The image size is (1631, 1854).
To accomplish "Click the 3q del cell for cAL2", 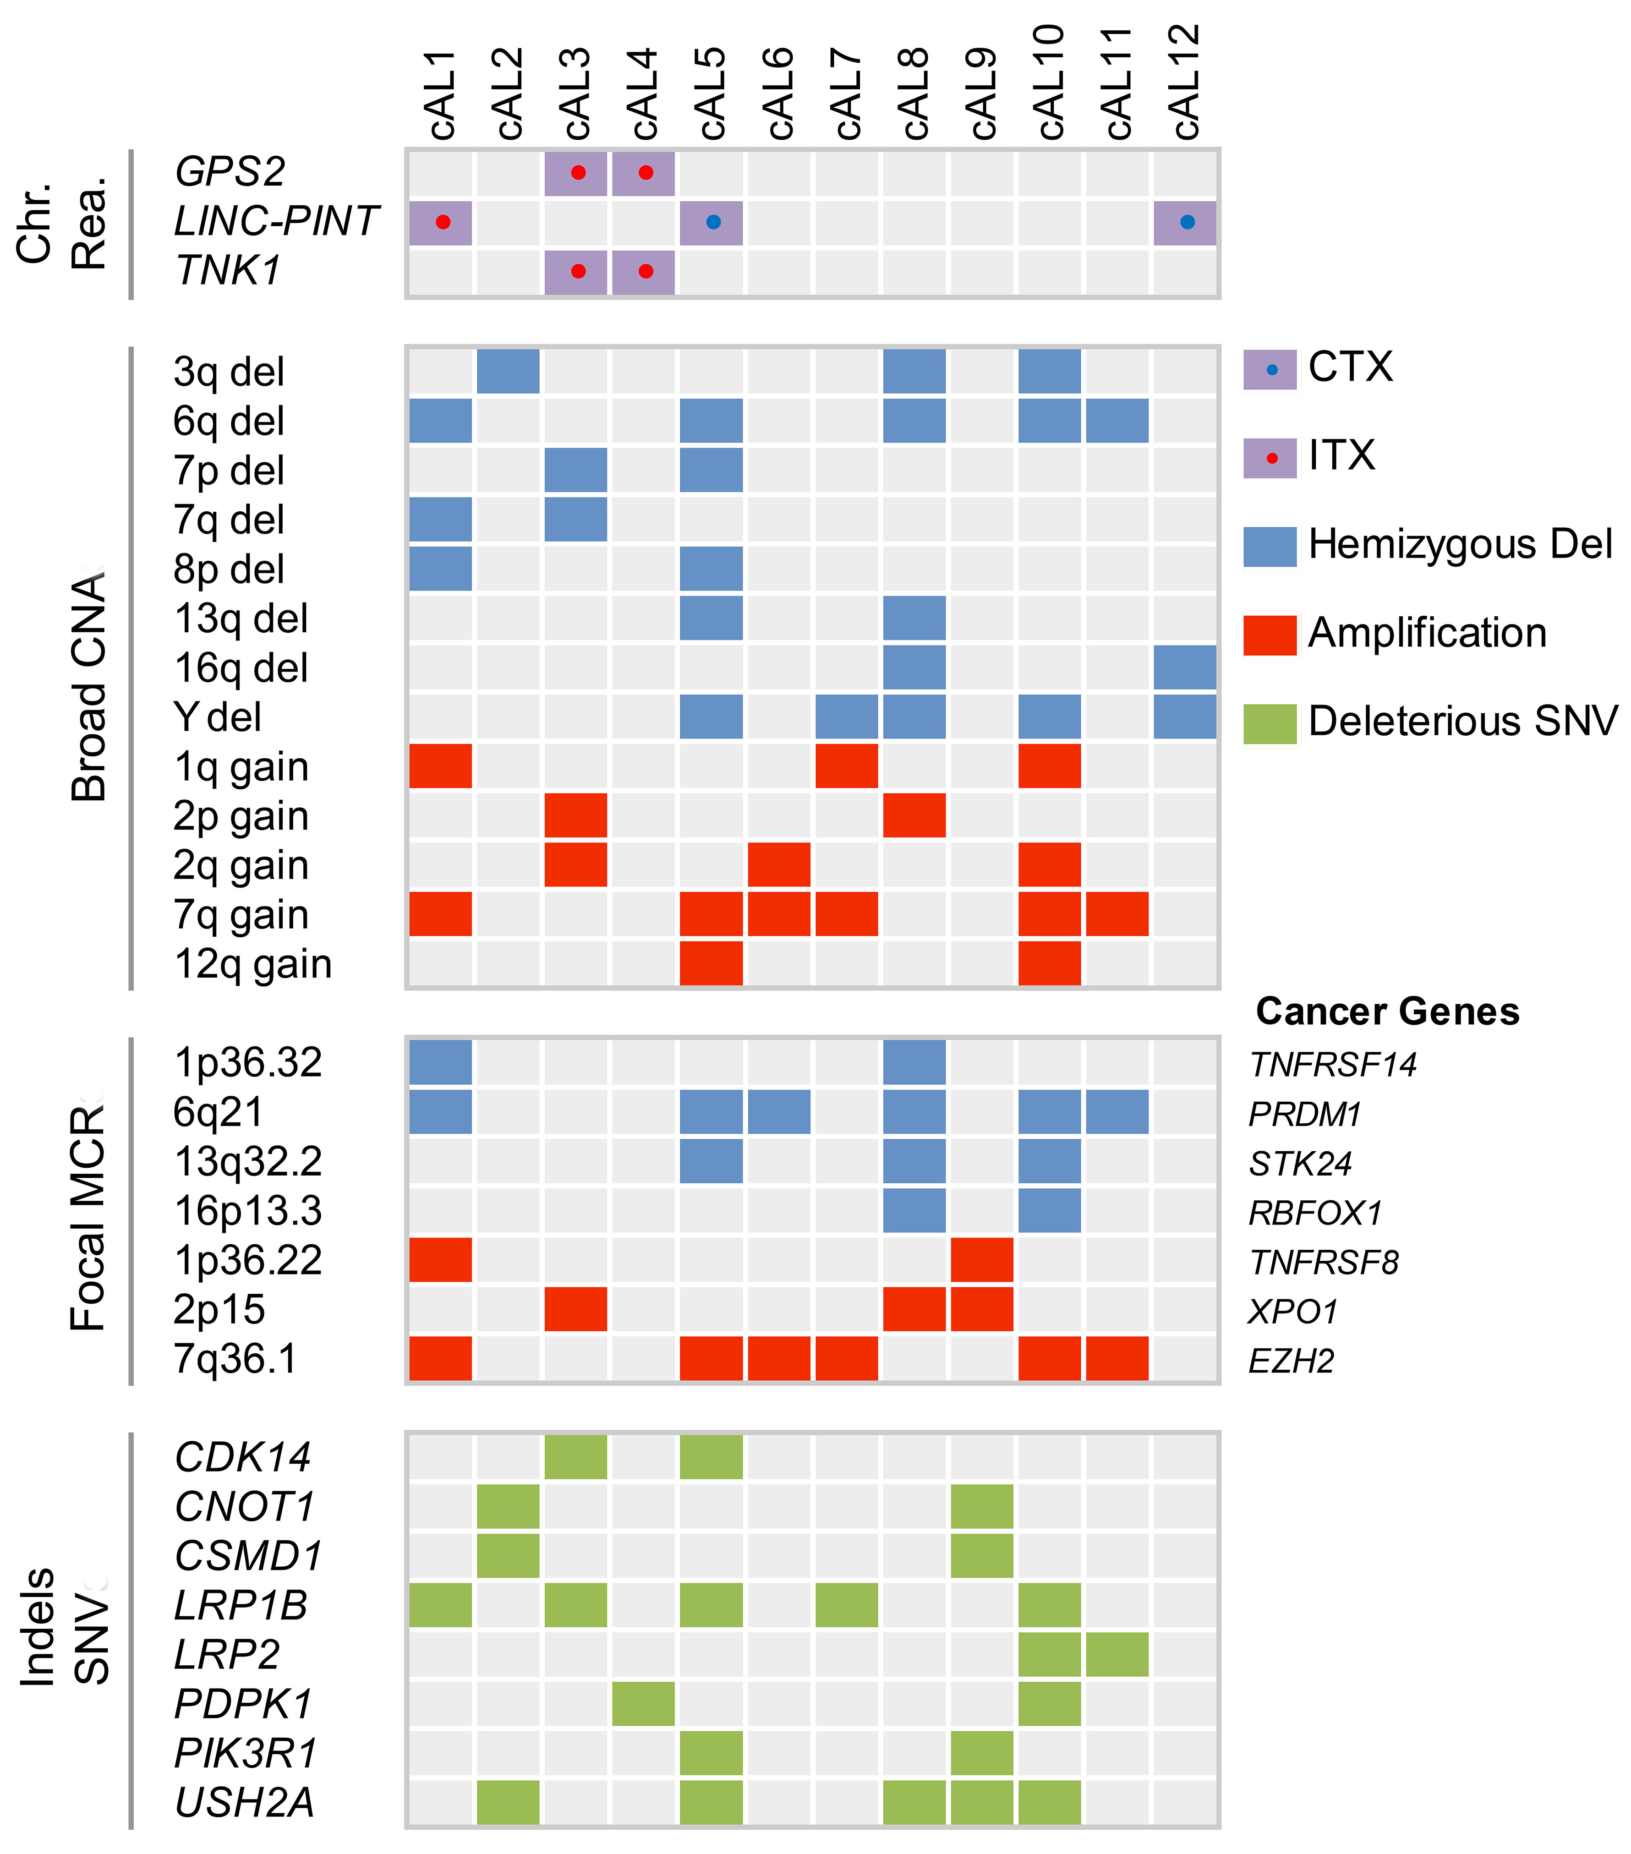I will tap(508, 371).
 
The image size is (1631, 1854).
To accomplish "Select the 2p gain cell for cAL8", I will tap(914, 815).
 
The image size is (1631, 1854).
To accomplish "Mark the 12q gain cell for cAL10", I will tap(1050, 963).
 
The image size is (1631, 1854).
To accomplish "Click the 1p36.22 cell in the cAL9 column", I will tap(981, 1260).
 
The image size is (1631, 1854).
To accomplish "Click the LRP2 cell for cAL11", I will tap(1117, 1654).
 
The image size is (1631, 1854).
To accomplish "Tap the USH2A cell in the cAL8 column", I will tap(914, 1802).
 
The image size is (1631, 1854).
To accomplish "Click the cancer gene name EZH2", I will tap(1292, 1361).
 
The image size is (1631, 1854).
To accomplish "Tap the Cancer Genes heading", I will tap(1387, 1012).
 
